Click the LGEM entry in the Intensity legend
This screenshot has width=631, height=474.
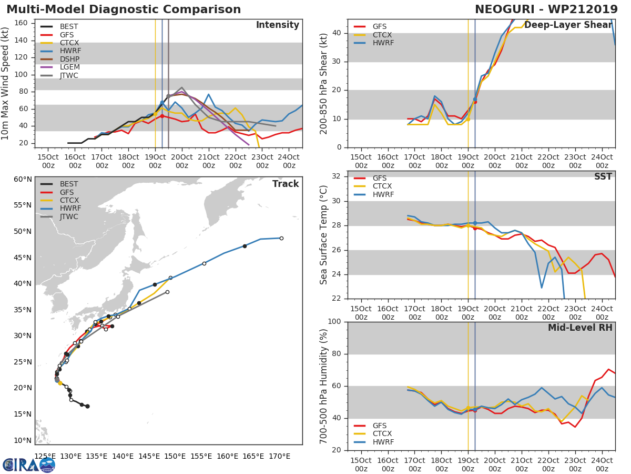click(69, 67)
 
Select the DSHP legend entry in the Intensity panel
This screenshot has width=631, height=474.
click(69, 59)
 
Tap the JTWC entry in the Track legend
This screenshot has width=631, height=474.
click(69, 217)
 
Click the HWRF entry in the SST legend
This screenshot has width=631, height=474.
click(383, 195)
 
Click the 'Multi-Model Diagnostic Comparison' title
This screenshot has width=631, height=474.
click(124, 9)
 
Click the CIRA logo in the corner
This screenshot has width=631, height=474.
click(29, 464)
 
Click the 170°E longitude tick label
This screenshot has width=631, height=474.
click(279, 456)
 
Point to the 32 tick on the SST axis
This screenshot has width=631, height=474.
click(337, 176)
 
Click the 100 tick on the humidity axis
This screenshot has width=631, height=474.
click(334, 322)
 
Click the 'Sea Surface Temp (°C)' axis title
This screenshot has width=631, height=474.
click(324, 235)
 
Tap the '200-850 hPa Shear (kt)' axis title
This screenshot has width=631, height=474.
click(324, 83)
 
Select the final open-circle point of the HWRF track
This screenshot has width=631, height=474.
click(281, 238)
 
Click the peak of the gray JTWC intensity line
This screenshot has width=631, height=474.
click(181, 87)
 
